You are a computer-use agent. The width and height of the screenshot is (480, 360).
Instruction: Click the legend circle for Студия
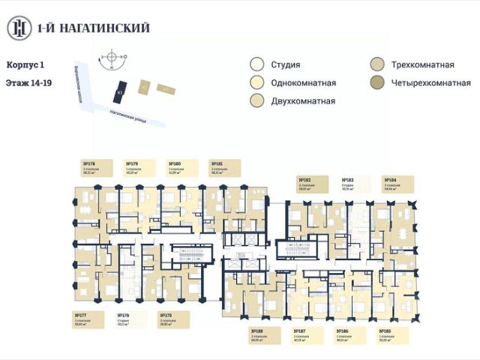click(x=257, y=65)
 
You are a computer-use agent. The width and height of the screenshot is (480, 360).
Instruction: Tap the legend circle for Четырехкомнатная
click(x=376, y=82)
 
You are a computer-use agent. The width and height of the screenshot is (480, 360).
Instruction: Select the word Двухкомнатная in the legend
click(x=304, y=100)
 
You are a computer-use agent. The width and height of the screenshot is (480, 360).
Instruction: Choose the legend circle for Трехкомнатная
click(x=376, y=65)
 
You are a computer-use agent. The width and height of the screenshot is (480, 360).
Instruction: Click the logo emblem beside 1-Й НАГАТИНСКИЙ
click(x=18, y=28)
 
